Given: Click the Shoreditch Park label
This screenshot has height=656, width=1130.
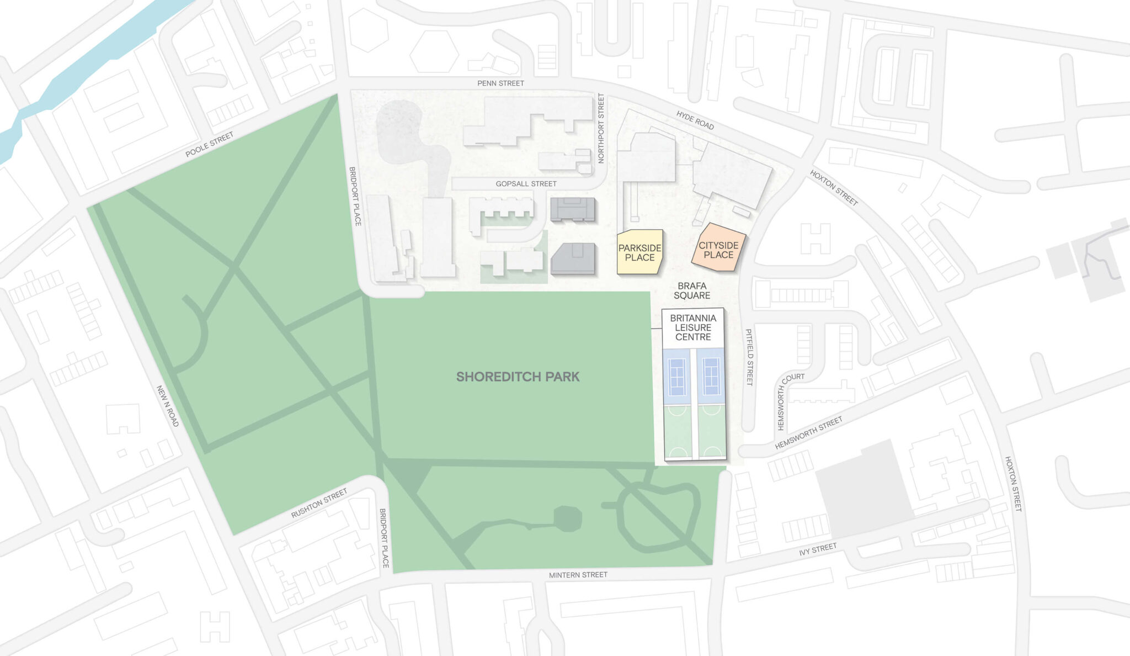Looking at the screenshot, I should (518, 377).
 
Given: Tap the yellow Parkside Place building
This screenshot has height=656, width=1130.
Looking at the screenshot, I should (639, 252).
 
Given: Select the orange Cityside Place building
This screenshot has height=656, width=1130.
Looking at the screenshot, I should (718, 250).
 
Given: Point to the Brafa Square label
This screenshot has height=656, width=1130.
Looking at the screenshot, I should (692, 290).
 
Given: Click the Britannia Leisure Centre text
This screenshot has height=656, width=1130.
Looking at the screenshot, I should (693, 327).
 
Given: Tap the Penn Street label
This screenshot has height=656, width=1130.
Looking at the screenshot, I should (500, 83).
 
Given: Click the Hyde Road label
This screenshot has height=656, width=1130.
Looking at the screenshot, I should (695, 120).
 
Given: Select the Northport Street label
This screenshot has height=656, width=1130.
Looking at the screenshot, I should (601, 128).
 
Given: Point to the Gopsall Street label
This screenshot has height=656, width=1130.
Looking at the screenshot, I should (526, 184).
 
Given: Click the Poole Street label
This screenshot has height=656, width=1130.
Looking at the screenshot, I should (209, 145).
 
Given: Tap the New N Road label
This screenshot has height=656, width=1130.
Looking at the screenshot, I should (168, 406).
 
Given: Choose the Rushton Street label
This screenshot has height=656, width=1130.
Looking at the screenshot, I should (319, 503).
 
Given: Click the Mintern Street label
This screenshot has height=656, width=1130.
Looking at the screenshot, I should (578, 575).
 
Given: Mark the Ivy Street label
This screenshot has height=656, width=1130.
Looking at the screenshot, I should (818, 549).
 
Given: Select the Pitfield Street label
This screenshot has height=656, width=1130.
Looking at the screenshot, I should (749, 357).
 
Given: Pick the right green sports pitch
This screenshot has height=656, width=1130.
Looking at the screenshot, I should (711, 432).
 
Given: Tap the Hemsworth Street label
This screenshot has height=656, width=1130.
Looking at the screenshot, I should (808, 433).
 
